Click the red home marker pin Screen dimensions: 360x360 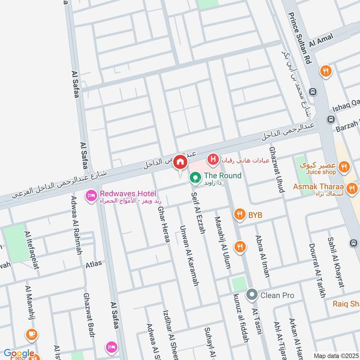tap(180, 162)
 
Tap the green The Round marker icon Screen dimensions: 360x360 tap(195, 179)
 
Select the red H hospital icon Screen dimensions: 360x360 tap(213, 159)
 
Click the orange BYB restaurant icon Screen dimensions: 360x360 tap(239, 215)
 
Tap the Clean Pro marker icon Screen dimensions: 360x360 tap(251, 295)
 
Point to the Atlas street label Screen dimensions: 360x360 tap(94, 264)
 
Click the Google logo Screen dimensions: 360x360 tap(18, 354)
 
